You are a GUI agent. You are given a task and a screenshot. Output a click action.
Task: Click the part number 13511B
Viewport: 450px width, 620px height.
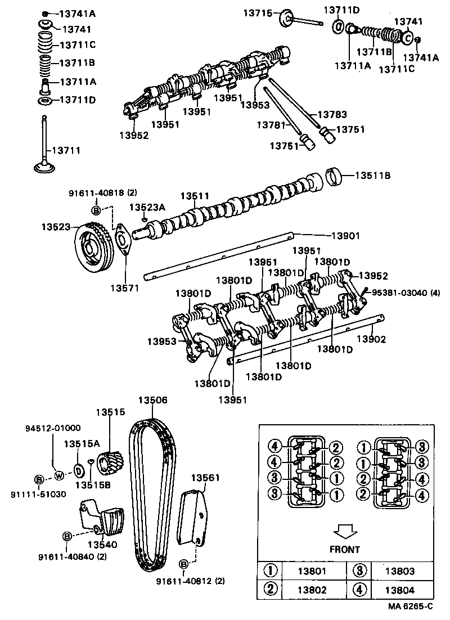pos(372,175)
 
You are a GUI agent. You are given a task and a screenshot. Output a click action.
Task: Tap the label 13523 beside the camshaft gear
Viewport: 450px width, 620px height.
pos(55,227)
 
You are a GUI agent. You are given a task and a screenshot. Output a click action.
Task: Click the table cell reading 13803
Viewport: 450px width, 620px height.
pos(399,571)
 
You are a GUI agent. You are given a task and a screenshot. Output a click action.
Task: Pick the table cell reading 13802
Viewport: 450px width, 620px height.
pos(312,590)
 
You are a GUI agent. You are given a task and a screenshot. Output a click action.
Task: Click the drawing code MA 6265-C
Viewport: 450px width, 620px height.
pos(410,606)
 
